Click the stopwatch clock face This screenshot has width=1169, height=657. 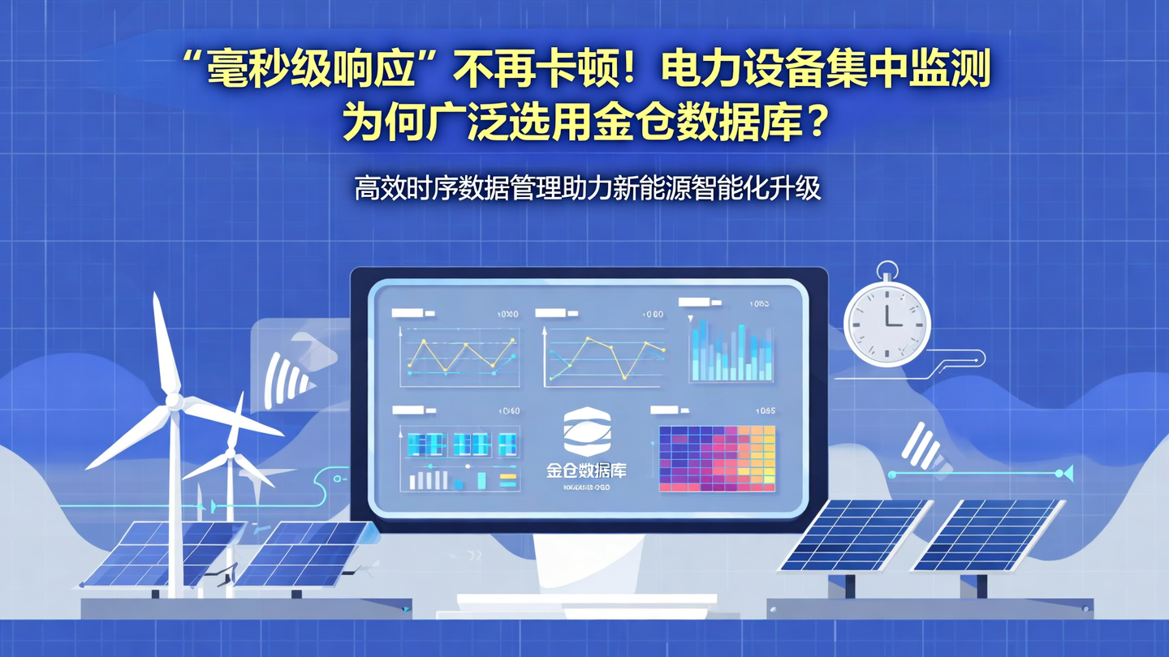(886, 324)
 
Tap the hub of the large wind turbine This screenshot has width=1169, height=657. (173, 401)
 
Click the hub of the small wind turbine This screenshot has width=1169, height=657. (231, 453)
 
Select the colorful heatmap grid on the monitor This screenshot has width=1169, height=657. (717, 458)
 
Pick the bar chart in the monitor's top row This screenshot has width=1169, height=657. (731, 351)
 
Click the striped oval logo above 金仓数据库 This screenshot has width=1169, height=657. (587, 431)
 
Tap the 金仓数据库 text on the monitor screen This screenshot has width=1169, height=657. (587, 470)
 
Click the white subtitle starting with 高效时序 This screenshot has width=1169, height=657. (587, 188)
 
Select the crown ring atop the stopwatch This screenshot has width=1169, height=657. (886, 268)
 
